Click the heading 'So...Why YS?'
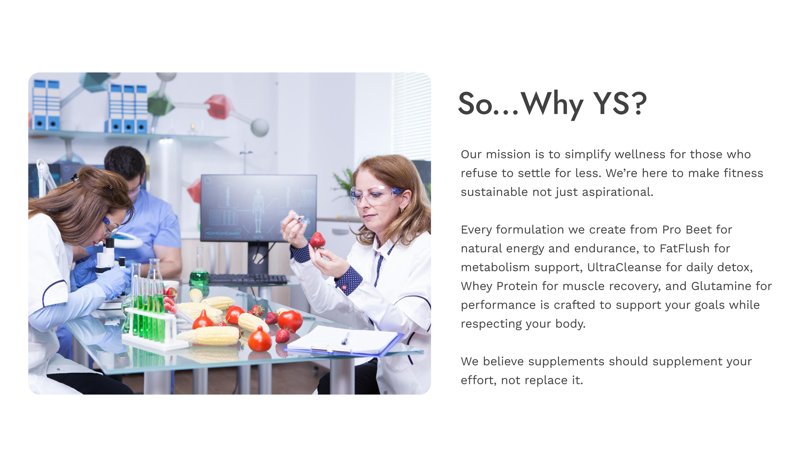(x=552, y=104)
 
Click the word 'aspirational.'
(x=618, y=192)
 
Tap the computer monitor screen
(x=258, y=208)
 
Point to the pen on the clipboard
(x=345, y=339)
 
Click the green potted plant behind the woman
(x=344, y=185)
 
